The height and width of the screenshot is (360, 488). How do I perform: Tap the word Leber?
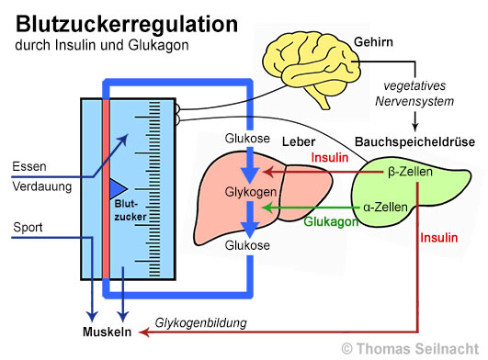point(298,142)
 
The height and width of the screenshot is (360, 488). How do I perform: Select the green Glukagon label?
point(328,222)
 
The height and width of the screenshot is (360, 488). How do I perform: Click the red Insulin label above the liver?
point(330,158)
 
